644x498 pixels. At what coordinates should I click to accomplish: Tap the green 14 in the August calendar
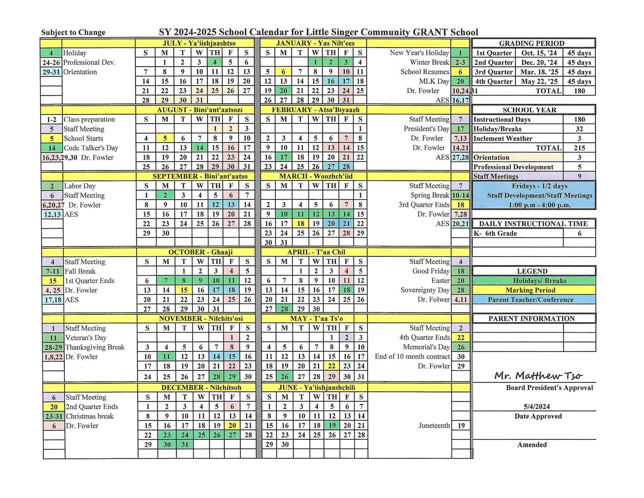click(x=199, y=148)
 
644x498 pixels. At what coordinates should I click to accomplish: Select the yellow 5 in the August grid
click(x=165, y=138)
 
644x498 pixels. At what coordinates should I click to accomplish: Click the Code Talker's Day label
click(x=91, y=148)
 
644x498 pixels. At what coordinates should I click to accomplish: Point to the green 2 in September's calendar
click(x=165, y=195)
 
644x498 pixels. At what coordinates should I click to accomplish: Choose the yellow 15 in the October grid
click(x=184, y=290)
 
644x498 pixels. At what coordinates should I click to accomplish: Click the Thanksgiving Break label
click(x=95, y=347)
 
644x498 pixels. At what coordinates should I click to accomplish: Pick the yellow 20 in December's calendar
click(x=232, y=425)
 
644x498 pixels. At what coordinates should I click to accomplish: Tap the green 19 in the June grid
click(x=332, y=425)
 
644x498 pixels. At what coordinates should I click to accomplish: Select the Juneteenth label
click(x=434, y=425)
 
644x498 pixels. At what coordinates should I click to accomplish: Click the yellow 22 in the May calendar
click(x=331, y=366)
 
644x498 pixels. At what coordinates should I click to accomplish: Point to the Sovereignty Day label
click(x=425, y=290)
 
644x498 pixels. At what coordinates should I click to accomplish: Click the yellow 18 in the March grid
click(x=300, y=224)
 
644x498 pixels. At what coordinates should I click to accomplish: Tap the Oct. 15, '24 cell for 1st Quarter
click(x=539, y=53)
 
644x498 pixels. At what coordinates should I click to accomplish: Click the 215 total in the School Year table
click(x=579, y=148)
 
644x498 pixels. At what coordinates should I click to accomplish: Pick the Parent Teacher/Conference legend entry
click(x=530, y=300)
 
